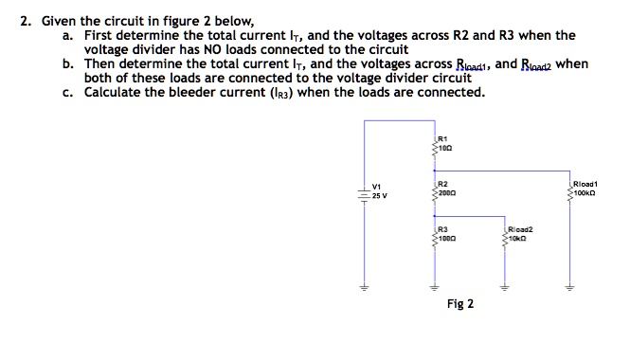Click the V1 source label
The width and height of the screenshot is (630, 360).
pyautogui.click(x=377, y=186)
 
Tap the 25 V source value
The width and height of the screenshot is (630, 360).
pyautogui.click(x=378, y=195)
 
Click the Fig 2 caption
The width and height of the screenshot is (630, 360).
pyautogui.click(x=460, y=304)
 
